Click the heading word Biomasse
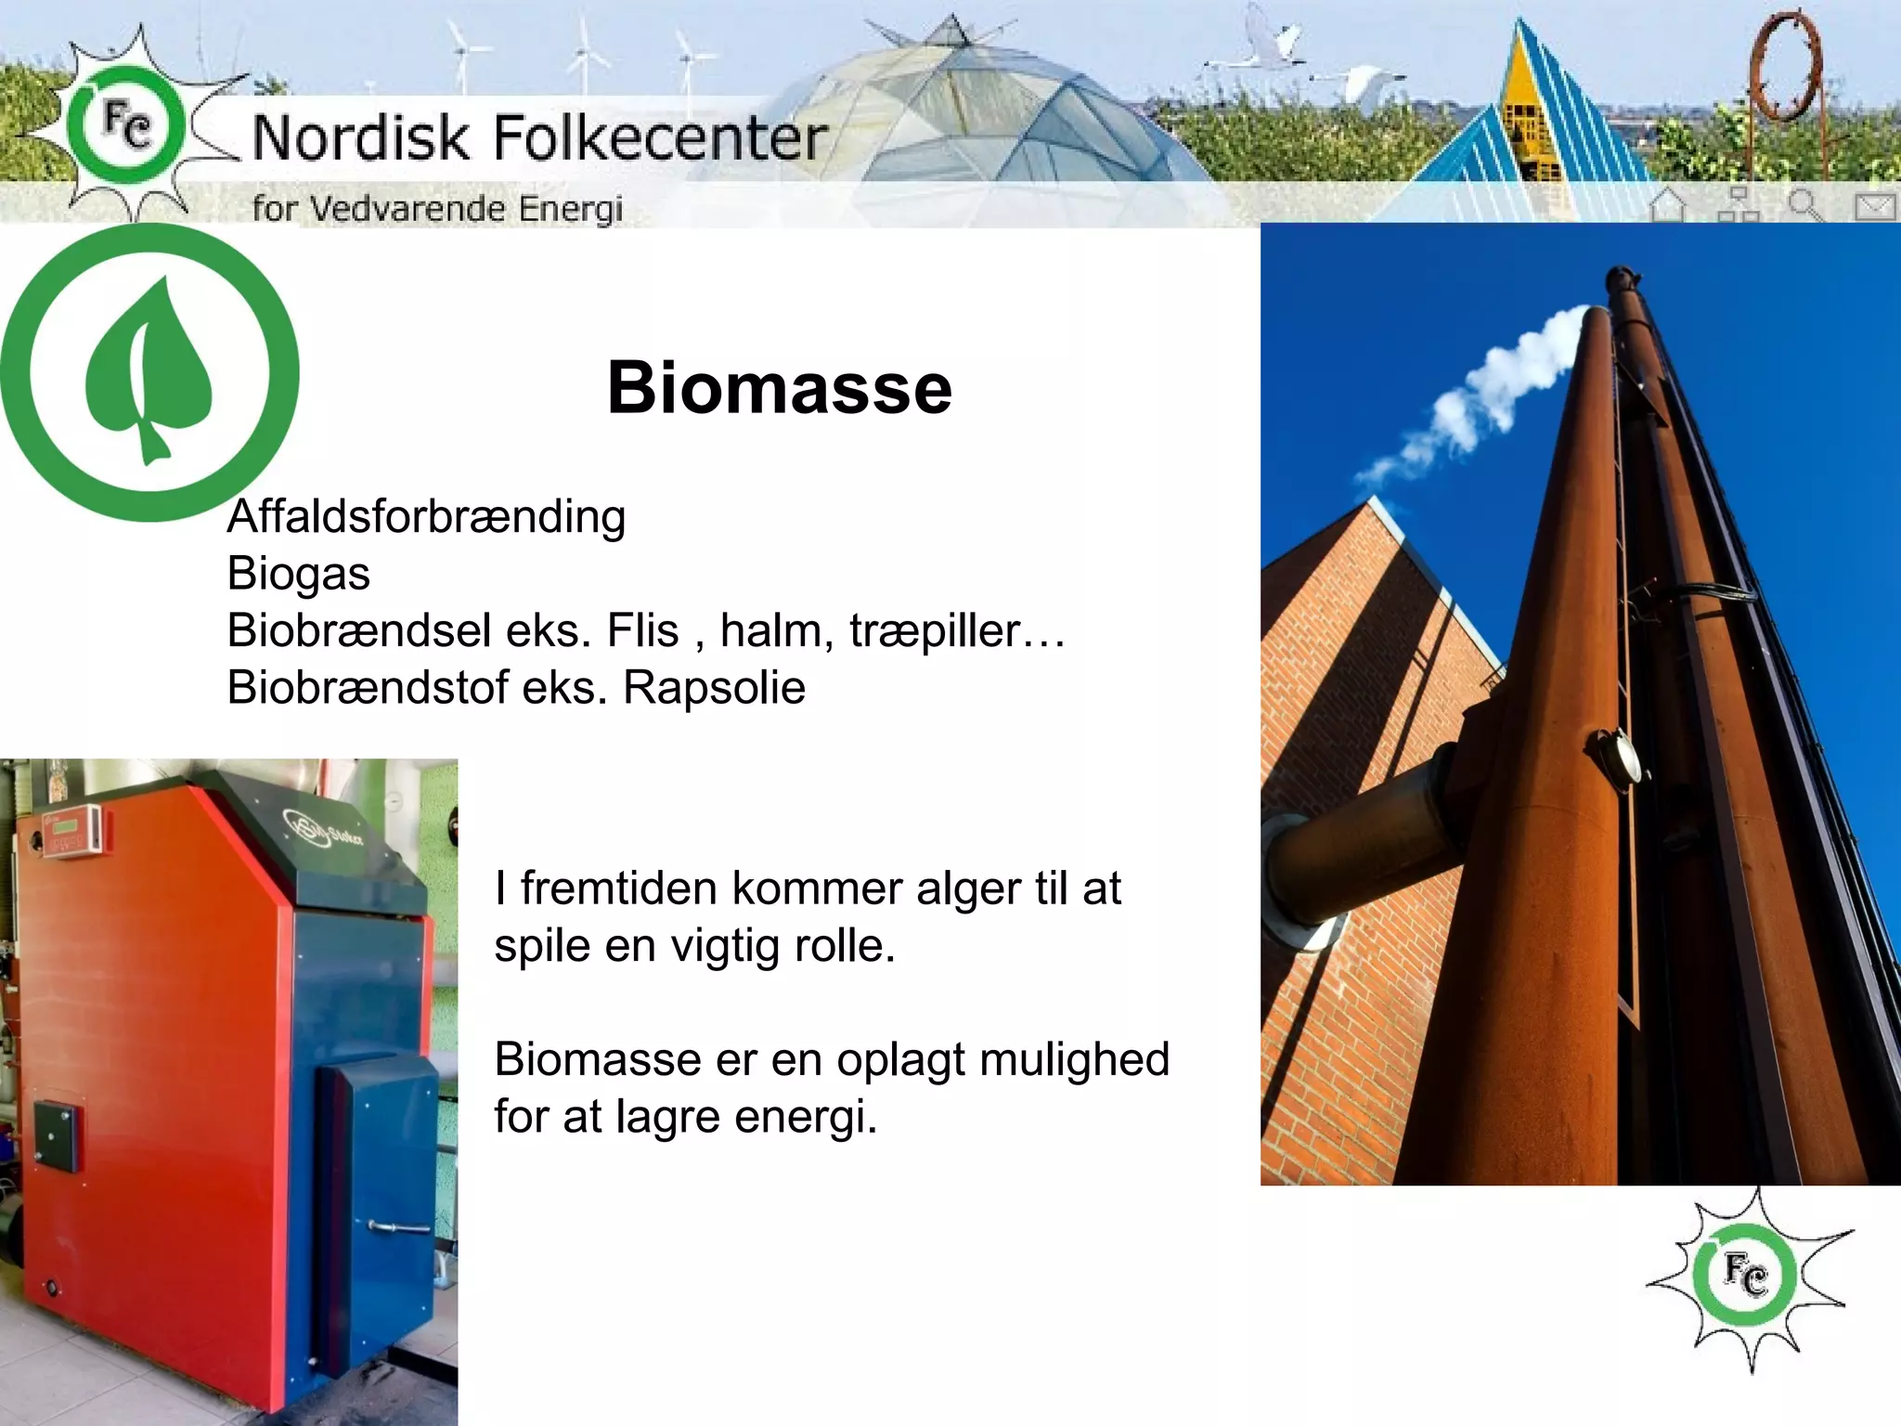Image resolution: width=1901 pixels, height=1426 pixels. click(x=779, y=388)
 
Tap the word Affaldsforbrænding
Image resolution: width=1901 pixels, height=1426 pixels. click(x=426, y=517)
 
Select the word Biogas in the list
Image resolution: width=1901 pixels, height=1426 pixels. click(x=298, y=574)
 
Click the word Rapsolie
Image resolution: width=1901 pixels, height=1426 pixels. click(x=713, y=688)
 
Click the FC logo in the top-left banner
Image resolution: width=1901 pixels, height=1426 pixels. click(x=125, y=125)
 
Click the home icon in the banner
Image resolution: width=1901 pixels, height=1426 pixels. click(x=1668, y=204)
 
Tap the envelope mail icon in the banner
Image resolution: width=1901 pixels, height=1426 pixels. click(x=1874, y=206)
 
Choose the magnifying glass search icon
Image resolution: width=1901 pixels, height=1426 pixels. click(x=1805, y=204)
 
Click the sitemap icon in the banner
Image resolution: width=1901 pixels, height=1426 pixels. click(x=1738, y=204)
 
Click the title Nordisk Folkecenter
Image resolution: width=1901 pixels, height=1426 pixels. click(x=539, y=138)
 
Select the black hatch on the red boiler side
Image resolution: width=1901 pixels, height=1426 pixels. click(x=55, y=1135)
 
